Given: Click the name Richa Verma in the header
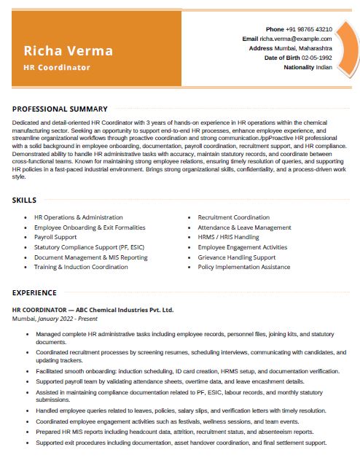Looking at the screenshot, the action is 69,50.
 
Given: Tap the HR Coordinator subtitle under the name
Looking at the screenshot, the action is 57,67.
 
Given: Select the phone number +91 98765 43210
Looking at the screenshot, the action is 309,29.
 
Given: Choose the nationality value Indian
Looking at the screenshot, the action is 324,67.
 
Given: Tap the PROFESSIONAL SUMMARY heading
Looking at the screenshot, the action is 60,109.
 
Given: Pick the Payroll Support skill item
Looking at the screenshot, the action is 55,237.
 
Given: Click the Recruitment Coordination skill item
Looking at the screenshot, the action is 233,217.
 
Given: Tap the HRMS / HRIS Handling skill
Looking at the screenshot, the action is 228,237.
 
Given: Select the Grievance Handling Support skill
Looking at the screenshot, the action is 236,257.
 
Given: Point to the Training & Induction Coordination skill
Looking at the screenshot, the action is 81,267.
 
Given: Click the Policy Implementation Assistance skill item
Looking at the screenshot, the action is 243,267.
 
